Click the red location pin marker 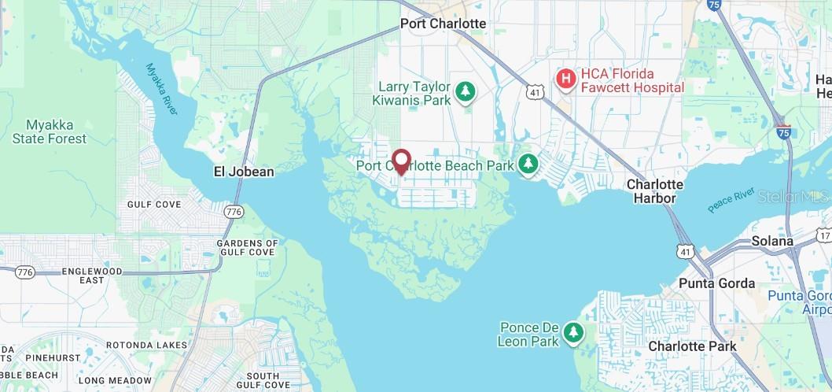click(401, 161)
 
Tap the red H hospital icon click(565, 79)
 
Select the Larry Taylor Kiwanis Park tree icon click(466, 93)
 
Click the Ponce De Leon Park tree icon click(574, 334)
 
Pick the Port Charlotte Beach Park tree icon click(528, 165)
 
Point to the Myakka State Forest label click(50, 132)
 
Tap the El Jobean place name click(244, 172)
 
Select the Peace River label click(731, 200)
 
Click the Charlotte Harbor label click(654, 191)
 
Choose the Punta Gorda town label click(717, 283)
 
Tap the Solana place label click(772, 242)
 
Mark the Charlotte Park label click(692, 346)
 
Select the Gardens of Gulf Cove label click(246, 248)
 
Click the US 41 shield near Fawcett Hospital click(535, 92)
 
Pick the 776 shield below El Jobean click(233, 212)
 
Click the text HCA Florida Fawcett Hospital click(631, 80)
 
